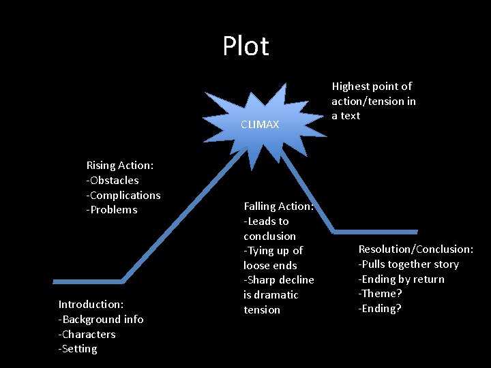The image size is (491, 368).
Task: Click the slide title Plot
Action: point(245,46)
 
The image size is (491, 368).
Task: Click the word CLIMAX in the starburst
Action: point(260,124)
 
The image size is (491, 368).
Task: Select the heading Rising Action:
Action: point(119,165)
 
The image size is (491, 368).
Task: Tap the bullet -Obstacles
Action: point(113,180)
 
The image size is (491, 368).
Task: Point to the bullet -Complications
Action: point(123,195)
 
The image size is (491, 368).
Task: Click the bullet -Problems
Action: point(111,210)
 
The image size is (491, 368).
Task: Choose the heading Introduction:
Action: point(91,304)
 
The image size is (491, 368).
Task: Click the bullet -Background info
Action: point(101,319)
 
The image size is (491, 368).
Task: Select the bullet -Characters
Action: point(87,334)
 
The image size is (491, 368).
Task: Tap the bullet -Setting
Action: point(78,349)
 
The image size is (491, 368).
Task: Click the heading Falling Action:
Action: point(278,206)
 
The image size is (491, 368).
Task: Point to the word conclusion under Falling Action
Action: point(269,236)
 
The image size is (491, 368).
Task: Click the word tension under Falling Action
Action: point(262,309)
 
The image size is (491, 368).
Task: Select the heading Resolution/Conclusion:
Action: point(415,249)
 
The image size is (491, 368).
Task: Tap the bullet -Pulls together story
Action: point(408,264)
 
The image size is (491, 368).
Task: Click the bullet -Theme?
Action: point(380,294)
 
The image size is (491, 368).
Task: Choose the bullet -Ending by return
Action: point(401,279)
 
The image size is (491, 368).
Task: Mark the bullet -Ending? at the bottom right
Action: point(380,309)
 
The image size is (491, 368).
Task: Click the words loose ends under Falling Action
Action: point(270,265)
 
